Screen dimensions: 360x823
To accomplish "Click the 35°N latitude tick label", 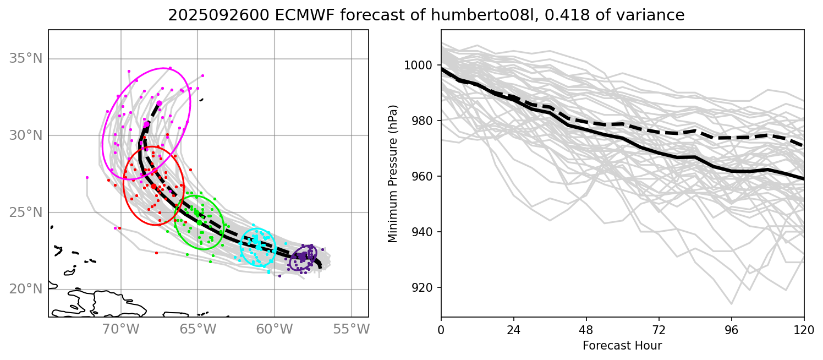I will point(26,59).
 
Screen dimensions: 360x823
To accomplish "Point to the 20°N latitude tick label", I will point(26,290).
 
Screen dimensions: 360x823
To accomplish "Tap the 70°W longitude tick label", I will point(120,329).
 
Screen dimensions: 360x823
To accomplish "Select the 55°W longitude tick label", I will point(351,329).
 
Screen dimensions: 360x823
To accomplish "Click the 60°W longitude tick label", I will point(274,329).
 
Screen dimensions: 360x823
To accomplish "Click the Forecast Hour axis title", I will point(622,346).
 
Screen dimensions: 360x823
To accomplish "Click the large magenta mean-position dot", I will point(159,103).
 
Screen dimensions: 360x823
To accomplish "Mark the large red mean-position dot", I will point(153,187).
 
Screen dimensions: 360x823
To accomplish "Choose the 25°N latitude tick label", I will point(26,212).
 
